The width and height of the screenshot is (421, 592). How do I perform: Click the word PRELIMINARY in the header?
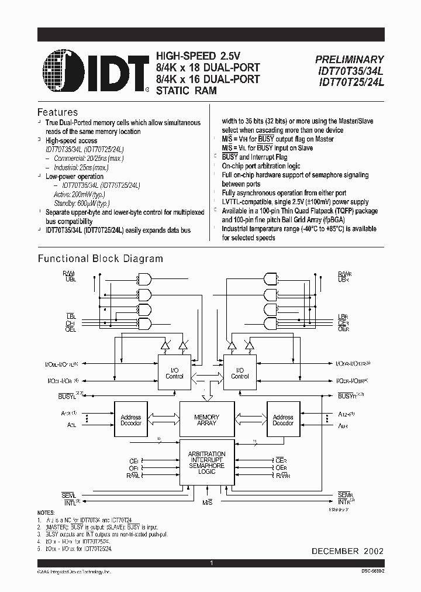[350, 60]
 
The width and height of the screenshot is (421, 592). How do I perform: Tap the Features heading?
[57, 112]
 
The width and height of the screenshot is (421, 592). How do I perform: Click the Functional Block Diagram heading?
[101, 259]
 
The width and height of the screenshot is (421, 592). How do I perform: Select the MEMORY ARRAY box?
[207, 419]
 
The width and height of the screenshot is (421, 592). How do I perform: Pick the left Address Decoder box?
[130, 420]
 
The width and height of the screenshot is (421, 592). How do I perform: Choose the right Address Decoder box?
[283, 420]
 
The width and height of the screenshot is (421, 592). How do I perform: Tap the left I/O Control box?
[174, 373]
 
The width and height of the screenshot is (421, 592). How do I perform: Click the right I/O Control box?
[240, 373]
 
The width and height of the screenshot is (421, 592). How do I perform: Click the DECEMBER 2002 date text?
[348, 551]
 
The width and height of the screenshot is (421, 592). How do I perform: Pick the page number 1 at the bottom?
[210, 562]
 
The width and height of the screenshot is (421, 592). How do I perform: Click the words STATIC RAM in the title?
[186, 91]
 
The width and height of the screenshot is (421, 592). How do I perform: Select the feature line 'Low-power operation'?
[74, 176]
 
